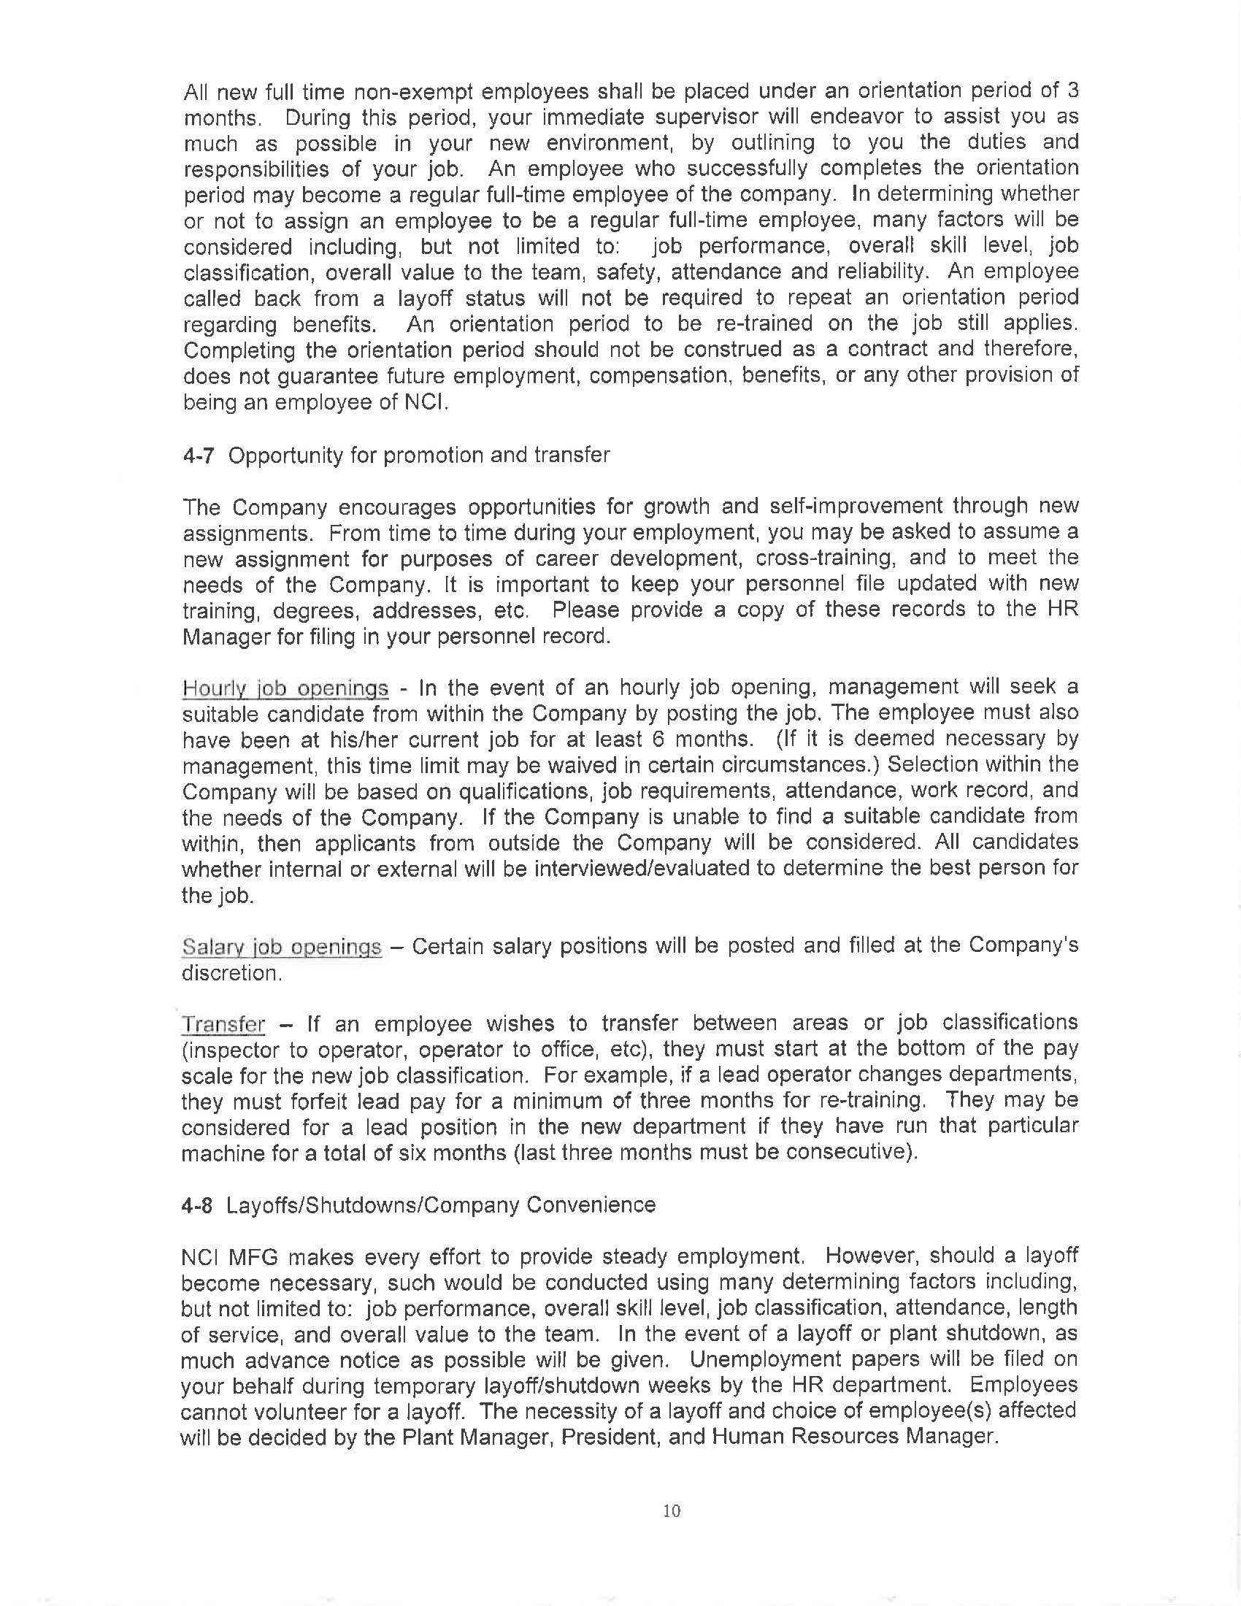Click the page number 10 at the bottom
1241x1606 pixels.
point(671,1510)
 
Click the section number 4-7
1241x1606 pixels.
point(198,456)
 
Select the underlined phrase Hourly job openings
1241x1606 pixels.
point(285,689)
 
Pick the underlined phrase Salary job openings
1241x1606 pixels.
point(282,947)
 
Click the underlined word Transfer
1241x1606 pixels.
point(223,1024)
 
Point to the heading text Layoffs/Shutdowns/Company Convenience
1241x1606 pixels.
point(441,1205)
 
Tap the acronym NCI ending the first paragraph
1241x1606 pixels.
point(426,403)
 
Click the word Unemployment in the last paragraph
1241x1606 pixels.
point(764,1360)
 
